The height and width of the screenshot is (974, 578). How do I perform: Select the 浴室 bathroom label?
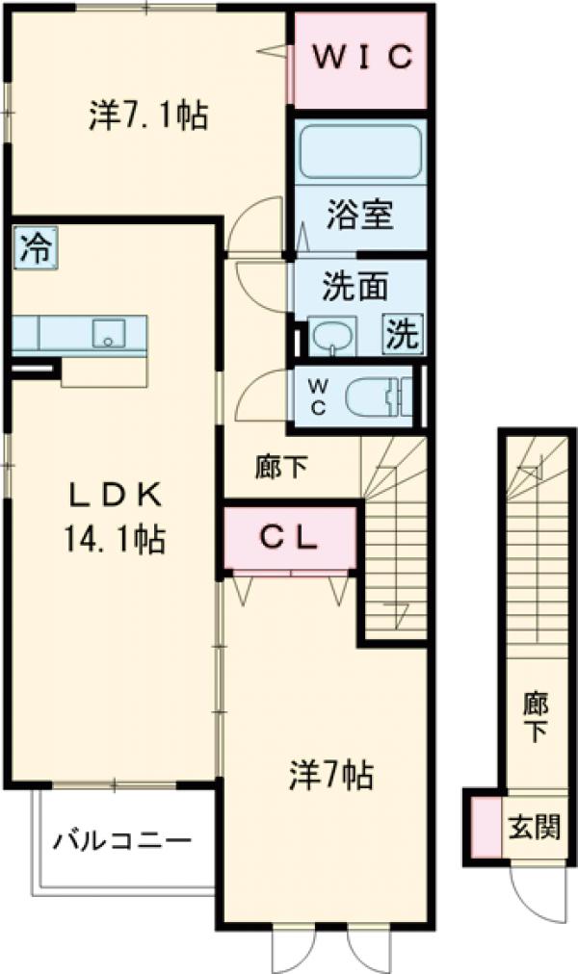point(359,215)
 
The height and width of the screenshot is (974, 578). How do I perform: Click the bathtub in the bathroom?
point(360,152)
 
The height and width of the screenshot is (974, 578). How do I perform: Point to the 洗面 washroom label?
point(355,286)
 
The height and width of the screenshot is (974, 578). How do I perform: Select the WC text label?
point(317,395)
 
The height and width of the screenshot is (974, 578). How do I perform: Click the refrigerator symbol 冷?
point(35,248)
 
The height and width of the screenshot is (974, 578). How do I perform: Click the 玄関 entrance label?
point(534,825)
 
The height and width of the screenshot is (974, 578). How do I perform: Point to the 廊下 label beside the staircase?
point(283,468)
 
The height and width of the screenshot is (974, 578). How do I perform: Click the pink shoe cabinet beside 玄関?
point(486,826)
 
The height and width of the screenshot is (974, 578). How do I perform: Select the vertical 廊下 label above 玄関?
point(534,716)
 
